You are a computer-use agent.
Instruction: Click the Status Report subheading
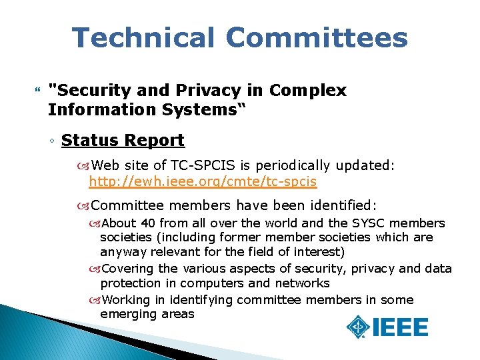coord(123,141)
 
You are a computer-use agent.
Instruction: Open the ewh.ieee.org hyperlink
coord(203,181)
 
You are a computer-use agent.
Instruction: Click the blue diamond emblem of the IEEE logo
coord(359,327)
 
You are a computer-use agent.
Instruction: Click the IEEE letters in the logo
coord(401,327)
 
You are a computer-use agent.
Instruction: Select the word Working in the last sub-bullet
coord(127,299)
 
